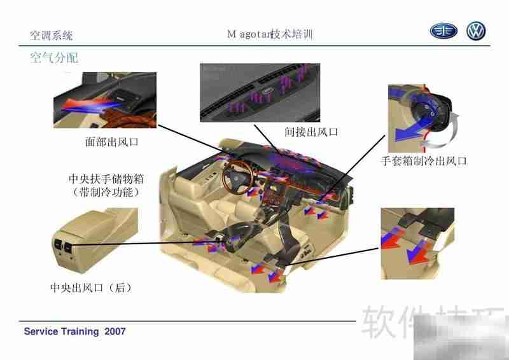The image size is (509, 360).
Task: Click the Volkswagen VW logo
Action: point(475,31)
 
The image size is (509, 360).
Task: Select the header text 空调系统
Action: point(52,36)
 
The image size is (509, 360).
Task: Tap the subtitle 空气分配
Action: point(54,58)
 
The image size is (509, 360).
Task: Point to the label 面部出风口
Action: point(111,142)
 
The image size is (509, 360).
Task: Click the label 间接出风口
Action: point(310,132)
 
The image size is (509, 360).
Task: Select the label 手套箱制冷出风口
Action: point(424,162)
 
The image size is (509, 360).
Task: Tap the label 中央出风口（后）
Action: point(91,287)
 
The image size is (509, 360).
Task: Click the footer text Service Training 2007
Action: point(74,331)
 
